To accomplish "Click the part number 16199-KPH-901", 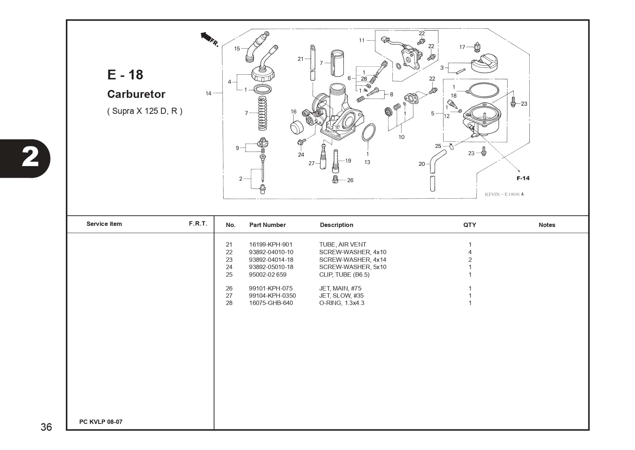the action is (x=270, y=244).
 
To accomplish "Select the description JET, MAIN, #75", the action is (x=340, y=288).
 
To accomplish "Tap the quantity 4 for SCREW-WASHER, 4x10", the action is (x=470, y=252).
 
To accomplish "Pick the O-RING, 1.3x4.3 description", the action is (x=341, y=303).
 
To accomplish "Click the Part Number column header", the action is (x=268, y=225).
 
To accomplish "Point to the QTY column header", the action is (x=470, y=225).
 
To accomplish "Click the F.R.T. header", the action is (x=198, y=223).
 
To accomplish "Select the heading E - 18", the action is (x=125, y=75).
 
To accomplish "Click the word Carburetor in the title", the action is (x=136, y=94).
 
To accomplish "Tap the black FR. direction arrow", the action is (x=206, y=37).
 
